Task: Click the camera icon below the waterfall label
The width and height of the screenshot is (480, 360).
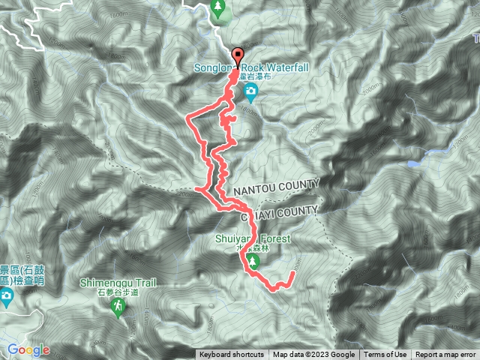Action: coord(251,93)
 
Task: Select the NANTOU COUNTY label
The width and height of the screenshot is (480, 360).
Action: coord(275,184)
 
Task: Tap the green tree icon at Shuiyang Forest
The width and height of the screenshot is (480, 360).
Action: coord(253,261)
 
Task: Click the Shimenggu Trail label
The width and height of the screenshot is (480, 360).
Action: coord(118,283)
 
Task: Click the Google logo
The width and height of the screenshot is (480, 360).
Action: coord(28,349)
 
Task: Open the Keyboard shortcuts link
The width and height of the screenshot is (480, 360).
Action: coord(231,355)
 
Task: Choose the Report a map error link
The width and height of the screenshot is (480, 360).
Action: coord(445,355)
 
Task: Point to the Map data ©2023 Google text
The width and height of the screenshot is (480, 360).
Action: coord(313,355)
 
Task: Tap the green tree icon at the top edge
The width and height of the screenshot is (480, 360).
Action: coord(219,8)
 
